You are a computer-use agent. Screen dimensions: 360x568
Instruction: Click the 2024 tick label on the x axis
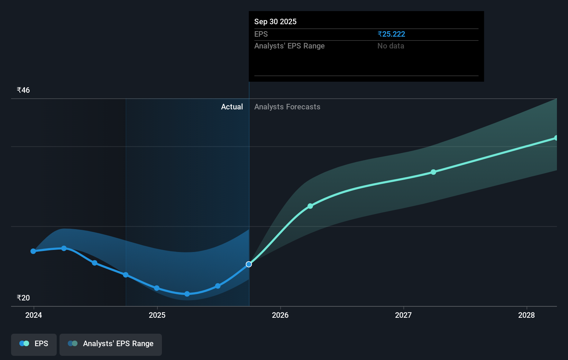(x=34, y=315)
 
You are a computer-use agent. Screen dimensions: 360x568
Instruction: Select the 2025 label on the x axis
(x=157, y=315)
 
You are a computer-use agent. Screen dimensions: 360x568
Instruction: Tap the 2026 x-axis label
(x=280, y=315)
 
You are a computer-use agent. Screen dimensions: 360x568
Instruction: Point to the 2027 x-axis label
(x=403, y=315)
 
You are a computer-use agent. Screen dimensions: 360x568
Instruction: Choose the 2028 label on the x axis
(x=526, y=315)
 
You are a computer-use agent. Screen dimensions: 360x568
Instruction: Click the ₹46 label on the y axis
(x=23, y=90)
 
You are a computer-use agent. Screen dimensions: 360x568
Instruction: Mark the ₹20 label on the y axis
(x=23, y=298)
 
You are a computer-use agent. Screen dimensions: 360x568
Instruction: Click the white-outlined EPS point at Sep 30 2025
(x=249, y=264)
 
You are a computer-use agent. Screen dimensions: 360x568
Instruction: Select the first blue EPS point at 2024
(x=33, y=251)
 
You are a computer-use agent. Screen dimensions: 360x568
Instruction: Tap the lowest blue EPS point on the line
(x=187, y=294)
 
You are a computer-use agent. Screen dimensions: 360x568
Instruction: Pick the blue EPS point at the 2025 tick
(x=157, y=288)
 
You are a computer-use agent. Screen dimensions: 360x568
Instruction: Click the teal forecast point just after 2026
(x=310, y=206)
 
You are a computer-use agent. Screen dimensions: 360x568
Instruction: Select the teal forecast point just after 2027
(x=433, y=172)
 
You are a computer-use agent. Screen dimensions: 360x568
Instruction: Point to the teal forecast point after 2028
(x=556, y=138)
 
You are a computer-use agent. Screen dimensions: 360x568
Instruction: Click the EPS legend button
(x=34, y=344)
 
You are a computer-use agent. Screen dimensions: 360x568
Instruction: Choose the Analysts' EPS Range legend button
(x=111, y=344)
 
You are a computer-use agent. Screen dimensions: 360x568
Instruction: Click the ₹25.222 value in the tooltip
(x=391, y=34)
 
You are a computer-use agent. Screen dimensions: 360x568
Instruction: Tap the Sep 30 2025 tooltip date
(x=275, y=22)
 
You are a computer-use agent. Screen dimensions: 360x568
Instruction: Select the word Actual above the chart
(x=232, y=107)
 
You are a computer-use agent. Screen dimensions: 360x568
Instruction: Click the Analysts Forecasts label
(x=287, y=107)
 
